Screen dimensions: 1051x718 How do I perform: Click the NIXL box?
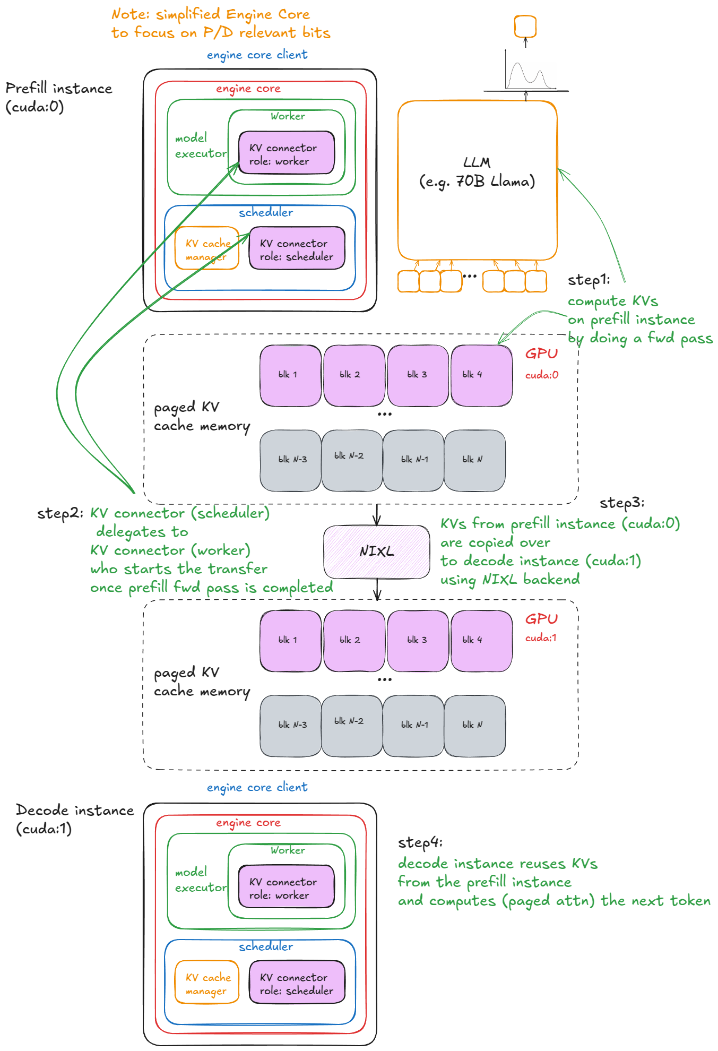tap(376, 552)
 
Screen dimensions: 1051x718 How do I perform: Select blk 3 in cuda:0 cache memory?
tap(418, 375)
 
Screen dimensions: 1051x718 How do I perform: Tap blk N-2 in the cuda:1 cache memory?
tap(351, 725)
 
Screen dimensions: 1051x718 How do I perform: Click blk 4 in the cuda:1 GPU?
tap(481, 640)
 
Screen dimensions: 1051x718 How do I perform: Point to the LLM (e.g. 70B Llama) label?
tap(477, 172)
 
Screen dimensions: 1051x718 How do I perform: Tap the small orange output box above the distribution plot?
tap(525, 26)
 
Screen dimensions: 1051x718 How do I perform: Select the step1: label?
tap(588, 280)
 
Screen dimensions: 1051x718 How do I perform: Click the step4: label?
tap(419, 842)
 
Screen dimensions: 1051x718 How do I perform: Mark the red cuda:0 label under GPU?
tap(541, 375)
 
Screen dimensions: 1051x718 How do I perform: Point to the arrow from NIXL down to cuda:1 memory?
tap(377, 589)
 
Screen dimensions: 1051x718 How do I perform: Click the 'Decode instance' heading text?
tap(74, 810)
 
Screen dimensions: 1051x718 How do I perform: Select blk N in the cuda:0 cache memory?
tap(474, 460)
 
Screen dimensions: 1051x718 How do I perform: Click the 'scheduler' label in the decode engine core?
tap(265, 946)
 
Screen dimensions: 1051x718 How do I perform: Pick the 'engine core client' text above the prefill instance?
tap(257, 55)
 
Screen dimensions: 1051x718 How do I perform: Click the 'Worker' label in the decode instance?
tap(288, 850)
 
